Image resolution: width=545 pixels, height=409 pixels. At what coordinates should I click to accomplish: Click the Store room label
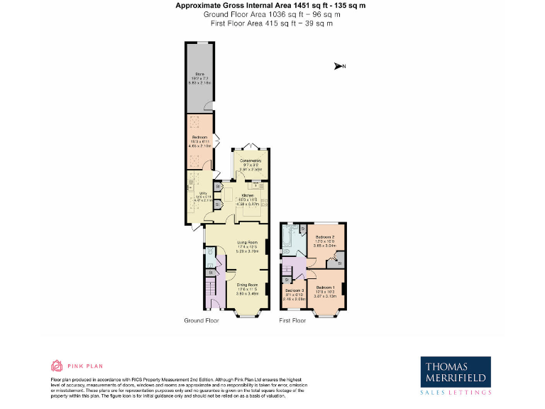point(199,74)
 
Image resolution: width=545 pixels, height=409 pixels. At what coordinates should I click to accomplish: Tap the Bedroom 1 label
point(326,287)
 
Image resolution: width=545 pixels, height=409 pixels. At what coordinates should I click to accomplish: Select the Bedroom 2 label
point(325,236)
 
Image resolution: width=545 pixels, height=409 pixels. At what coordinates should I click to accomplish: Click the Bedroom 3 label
point(294,291)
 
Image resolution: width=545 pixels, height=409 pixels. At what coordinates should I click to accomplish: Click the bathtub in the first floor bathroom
point(286,240)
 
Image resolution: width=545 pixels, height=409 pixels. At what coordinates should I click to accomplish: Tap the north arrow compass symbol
point(339,67)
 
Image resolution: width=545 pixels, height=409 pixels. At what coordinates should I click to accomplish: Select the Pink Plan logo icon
point(56,366)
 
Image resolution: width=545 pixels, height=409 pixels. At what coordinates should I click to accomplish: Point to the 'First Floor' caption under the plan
point(292,320)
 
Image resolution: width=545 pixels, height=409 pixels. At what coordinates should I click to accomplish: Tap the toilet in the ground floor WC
point(209,271)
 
